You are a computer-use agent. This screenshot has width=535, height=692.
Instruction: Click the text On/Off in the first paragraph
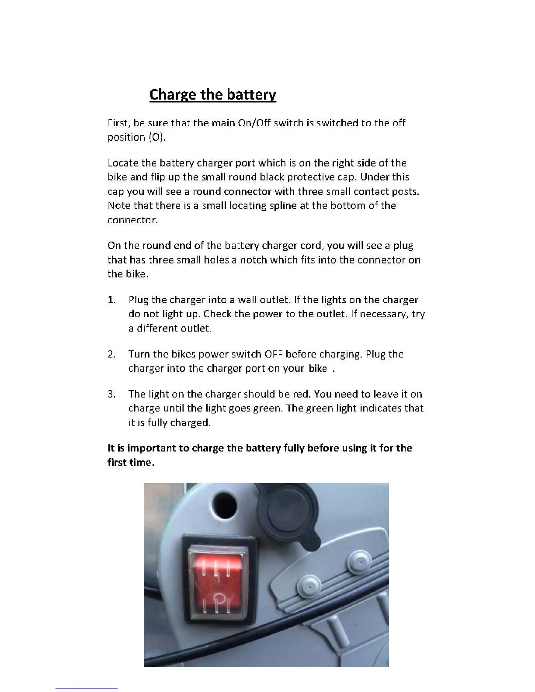click(254, 123)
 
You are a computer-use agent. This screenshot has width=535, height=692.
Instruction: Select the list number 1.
click(111, 300)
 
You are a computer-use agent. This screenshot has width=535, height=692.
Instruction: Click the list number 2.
click(111, 354)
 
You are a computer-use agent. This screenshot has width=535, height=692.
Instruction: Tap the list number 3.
click(111, 394)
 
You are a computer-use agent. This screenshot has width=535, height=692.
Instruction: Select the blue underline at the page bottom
click(87, 688)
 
